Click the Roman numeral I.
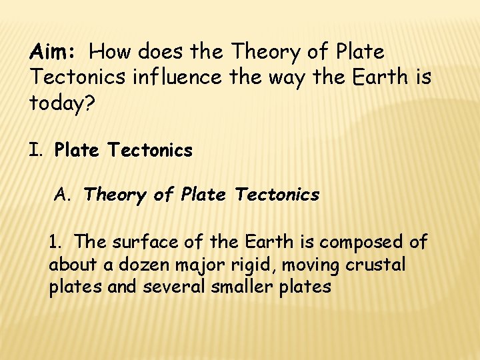click(x=35, y=151)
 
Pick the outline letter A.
click(x=62, y=195)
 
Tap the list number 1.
click(x=56, y=241)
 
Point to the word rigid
click(x=252, y=265)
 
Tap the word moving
click(x=311, y=265)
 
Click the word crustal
click(x=375, y=265)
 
